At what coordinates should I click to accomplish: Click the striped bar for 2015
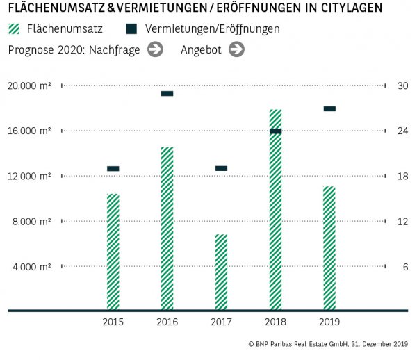(113, 252)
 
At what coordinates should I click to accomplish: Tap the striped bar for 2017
(221, 272)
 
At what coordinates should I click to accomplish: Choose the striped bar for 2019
(329, 247)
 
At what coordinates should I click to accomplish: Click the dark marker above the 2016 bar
(167, 93)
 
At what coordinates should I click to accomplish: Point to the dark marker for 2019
(329, 108)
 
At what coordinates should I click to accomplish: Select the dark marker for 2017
(221, 168)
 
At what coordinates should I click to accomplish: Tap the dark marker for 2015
(113, 168)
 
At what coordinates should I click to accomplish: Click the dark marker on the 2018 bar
(275, 131)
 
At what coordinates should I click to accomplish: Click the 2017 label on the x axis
(221, 322)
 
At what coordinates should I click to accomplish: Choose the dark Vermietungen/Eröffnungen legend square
(131, 29)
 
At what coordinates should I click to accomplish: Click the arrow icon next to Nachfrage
(155, 49)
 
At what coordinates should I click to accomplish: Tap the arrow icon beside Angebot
(236, 49)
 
